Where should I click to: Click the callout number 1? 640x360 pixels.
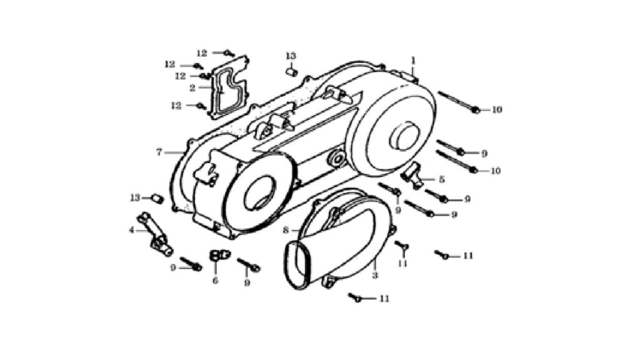tap(413, 61)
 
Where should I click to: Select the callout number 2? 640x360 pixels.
tap(192, 87)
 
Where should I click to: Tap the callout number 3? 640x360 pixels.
tap(375, 276)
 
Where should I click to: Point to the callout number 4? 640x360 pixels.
tap(132, 231)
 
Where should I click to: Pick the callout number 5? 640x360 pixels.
tap(442, 179)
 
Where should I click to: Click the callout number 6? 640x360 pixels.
tap(215, 281)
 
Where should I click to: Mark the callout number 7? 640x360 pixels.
tap(159, 152)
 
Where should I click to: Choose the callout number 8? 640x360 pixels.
tap(286, 231)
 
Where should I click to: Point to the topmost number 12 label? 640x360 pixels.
tap(202, 53)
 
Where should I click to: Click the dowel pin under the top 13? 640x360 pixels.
tap(291, 72)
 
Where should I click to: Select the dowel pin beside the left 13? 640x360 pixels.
tap(157, 199)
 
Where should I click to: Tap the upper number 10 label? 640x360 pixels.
tap(496, 110)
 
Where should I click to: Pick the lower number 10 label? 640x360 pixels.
tap(495, 171)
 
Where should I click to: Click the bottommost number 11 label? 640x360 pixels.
tap(384, 299)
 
